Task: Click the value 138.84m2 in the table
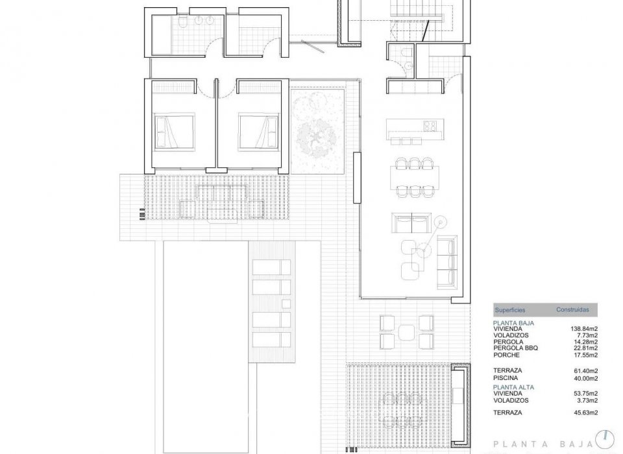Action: (584, 329)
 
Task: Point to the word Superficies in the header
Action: (510, 311)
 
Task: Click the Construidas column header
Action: (572, 311)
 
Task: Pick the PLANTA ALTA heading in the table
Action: (513, 387)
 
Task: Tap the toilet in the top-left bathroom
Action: (184, 23)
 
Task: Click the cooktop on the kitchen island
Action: (430, 125)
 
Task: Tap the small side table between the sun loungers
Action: (285, 304)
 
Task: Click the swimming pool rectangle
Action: (201, 311)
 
